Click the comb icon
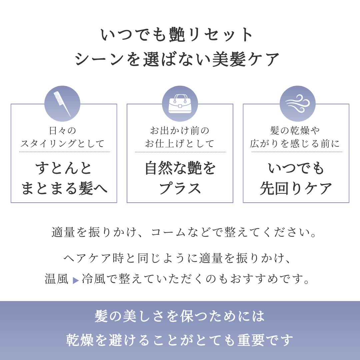[x=62, y=104]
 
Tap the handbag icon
[x=180, y=104]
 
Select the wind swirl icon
[x=298, y=104]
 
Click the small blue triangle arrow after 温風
[x=76, y=280]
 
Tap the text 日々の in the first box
[x=62, y=131]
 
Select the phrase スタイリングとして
[x=62, y=143]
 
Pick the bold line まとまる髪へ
[x=64, y=188]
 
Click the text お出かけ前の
[x=180, y=131]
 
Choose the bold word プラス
[x=180, y=188]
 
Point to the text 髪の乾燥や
[x=295, y=131]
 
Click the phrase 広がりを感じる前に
[x=295, y=143]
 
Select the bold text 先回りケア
[x=296, y=188]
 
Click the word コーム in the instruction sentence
[x=168, y=232]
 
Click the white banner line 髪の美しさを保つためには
[x=180, y=316]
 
